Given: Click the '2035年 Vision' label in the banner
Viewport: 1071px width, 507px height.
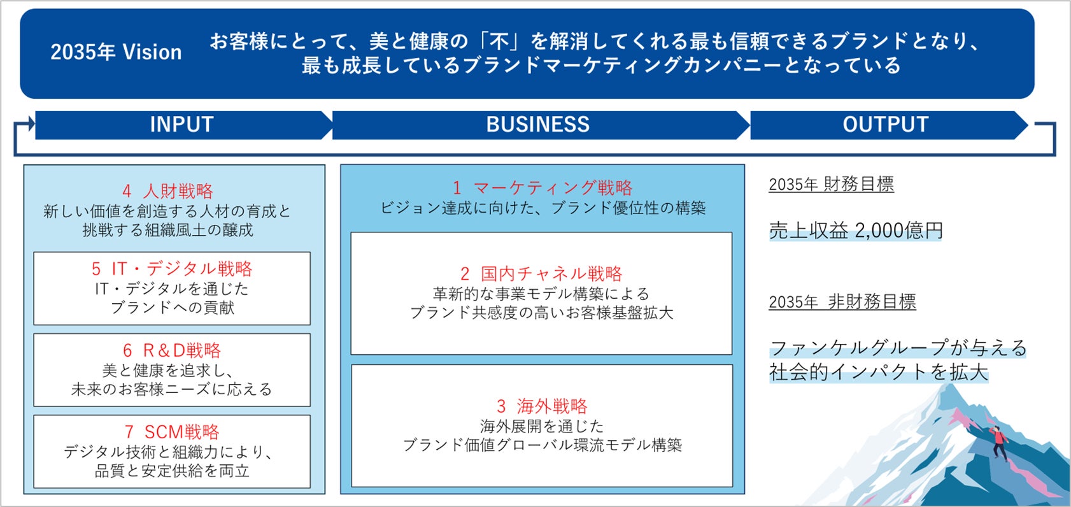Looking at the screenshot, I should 116,52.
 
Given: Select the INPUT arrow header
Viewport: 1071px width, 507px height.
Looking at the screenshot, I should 182,124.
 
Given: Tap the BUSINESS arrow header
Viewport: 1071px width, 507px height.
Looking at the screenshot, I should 538,124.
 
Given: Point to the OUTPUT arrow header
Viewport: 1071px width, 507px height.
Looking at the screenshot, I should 886,124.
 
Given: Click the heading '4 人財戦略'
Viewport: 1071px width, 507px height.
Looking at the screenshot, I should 168,191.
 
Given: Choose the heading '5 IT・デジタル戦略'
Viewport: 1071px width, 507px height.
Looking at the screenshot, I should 172,269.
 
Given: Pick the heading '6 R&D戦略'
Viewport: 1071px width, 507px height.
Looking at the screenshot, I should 172,350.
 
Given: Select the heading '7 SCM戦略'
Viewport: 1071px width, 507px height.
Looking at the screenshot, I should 172,432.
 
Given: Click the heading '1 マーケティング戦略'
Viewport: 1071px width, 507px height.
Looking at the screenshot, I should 543,188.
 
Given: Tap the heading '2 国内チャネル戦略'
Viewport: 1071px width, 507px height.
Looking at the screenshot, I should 541,274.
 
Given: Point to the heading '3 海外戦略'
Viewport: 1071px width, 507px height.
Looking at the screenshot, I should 542,406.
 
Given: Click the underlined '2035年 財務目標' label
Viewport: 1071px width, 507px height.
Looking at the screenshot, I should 831,185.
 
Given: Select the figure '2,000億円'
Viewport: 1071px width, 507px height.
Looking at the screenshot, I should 898,231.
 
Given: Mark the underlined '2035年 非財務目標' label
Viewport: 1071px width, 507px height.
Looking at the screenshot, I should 842,302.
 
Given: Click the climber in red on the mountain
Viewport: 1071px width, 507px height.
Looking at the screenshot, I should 999,441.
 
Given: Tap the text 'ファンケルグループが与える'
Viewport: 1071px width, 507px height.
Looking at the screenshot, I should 898,348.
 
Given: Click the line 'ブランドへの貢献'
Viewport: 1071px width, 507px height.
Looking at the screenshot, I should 172,308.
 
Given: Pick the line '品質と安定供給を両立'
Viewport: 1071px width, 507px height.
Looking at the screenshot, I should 172,471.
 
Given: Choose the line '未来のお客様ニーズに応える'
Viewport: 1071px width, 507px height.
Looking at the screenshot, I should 172,389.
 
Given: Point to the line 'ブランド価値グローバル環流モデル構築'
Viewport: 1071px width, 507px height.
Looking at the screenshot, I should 542,445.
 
